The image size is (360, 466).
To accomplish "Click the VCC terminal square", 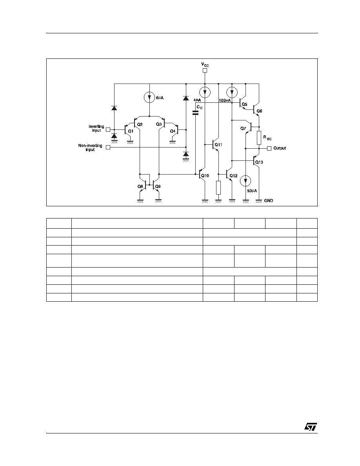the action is pyautogui.click(x=204, y=71).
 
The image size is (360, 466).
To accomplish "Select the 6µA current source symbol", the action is pyautogui.click(x=149, y=97).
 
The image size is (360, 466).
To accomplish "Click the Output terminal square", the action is pyautogui.click(x=269, y=148).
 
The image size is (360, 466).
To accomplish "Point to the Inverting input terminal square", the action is pyautogui.click(x=108, y=129).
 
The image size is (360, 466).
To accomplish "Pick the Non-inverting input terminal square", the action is pyautogui.click(x=108, y=147).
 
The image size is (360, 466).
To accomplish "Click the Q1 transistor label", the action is pyautogui.click(x=131, y=131).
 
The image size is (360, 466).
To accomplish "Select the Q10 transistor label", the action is pyautogui.click(x=205, y=176).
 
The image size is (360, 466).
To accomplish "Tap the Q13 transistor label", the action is pyautogui.click(x=259, y=162).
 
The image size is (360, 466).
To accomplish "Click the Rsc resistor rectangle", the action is pyautogui.click(x=259, y=138).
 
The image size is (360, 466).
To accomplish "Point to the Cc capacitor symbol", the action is pyautogui.click(x=195, y=113).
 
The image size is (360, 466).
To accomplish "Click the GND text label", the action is pyautogui.click(x=269, y=200).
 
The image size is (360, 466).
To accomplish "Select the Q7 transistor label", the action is pyautogui.click(x=243, y=128).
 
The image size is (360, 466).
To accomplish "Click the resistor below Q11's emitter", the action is pyautogui.click(x=218, y=187).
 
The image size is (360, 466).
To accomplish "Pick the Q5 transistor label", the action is pyautogui.click(x=244, y=104).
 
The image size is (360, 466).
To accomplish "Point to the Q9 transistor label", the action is pyautogui.click(x=158, y=187).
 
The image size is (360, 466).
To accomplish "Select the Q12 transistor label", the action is pyautogui.click(x=233, y=176).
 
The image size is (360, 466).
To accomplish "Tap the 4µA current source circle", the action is pyautogui.click(x=205, y=92).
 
